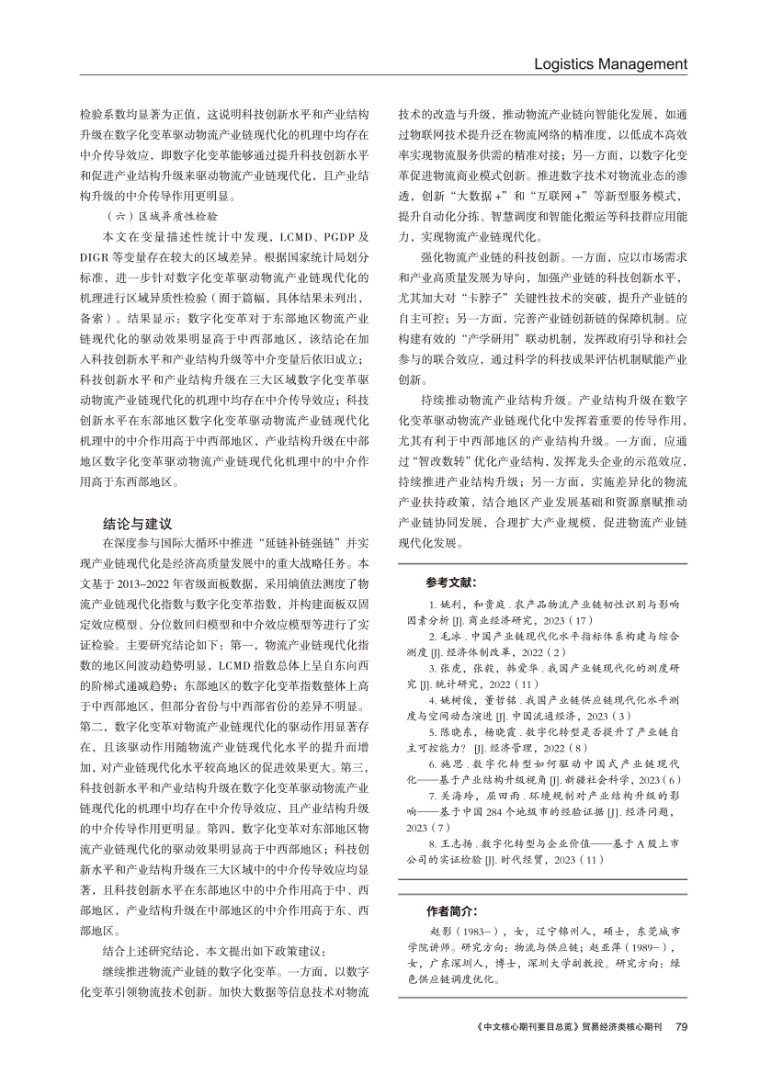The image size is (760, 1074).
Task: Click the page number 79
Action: coord(682,1052)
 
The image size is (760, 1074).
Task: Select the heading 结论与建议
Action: coord(137,524)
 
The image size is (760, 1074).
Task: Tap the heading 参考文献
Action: coord(450,582)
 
